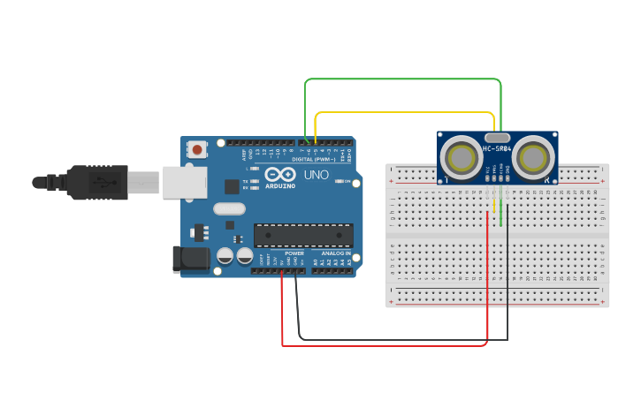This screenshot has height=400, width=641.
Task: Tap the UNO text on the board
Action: click(317, 175)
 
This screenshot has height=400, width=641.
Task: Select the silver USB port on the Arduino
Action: click(183, 183)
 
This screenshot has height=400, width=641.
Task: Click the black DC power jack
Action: click(189, 259)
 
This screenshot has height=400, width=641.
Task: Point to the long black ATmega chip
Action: click(303, 235)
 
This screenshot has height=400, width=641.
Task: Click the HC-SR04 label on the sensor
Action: click(498, 149)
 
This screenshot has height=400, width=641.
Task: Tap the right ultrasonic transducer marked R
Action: click(534, 158)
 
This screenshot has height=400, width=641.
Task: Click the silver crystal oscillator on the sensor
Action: click(498, 138)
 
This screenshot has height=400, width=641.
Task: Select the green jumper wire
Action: click(402, 79)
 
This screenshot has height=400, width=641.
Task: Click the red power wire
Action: click(385, 345)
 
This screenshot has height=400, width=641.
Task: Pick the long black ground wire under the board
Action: click(403, 339)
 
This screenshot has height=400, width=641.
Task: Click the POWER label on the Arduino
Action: click(294, 253)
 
